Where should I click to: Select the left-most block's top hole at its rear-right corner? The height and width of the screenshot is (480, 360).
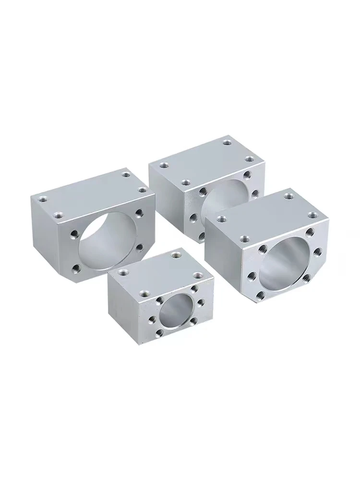126,174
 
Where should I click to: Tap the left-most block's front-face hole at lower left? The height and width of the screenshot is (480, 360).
75,268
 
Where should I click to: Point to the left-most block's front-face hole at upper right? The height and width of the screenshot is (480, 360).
139,211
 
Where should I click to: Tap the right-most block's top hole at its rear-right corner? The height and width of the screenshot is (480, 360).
288,195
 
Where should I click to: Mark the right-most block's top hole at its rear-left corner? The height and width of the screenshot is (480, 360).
221,219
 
